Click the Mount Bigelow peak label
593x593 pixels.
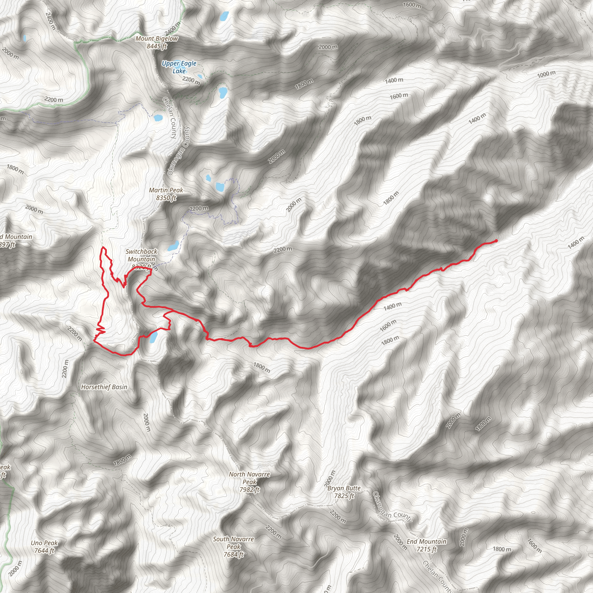157,39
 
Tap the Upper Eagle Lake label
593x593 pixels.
179,67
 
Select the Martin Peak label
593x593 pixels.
166,190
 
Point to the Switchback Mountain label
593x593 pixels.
142,255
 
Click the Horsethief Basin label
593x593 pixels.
104,387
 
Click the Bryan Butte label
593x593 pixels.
344,488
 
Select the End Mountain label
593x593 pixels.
426,541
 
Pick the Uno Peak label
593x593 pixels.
44,543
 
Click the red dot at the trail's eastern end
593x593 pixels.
496,241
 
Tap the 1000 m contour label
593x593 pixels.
546,74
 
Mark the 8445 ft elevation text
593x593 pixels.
157,46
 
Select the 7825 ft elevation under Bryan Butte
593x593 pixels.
344,496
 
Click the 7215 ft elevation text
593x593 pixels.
426,549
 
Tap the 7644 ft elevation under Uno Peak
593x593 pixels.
44,551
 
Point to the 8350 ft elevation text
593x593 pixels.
166,198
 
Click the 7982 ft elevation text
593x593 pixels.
250,490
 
